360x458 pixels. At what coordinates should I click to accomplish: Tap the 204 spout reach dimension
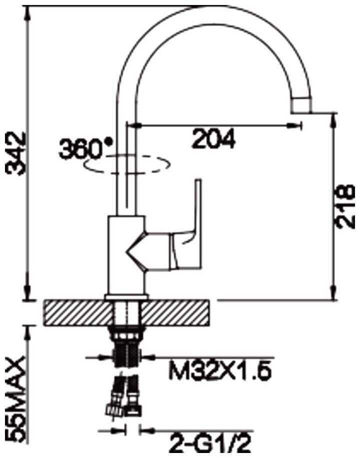point(213,139)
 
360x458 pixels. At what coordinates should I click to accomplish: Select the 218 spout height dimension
point(345,206)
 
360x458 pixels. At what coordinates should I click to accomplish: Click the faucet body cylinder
point(126,255)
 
